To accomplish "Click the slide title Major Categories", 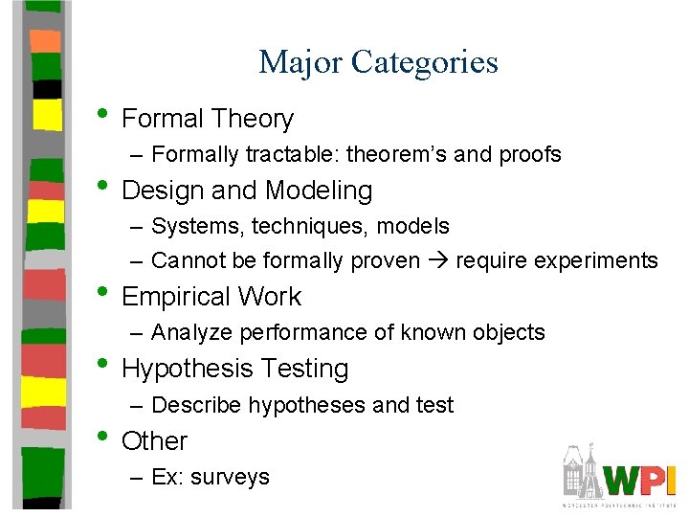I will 378,62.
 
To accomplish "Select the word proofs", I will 528,154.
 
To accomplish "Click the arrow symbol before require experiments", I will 437,260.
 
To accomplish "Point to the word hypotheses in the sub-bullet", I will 307,405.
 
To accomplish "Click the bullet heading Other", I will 155,441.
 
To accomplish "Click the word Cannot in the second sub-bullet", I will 188,260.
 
